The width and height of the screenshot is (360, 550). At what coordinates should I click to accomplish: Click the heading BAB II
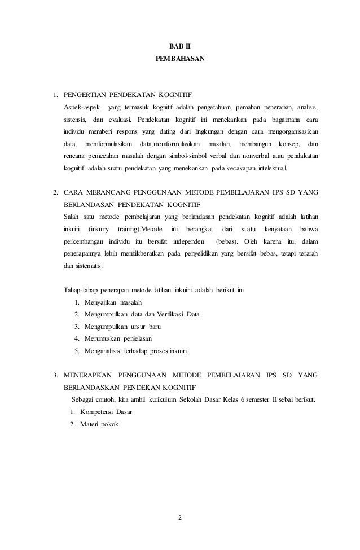[180, 45]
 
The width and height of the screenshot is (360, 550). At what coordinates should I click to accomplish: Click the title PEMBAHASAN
[179, 58]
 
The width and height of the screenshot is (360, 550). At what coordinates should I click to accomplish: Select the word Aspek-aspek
[82, 107]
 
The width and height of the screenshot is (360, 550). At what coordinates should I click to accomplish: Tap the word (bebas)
[228, 243]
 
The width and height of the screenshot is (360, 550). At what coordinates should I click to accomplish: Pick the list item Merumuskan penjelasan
[122, 338]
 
